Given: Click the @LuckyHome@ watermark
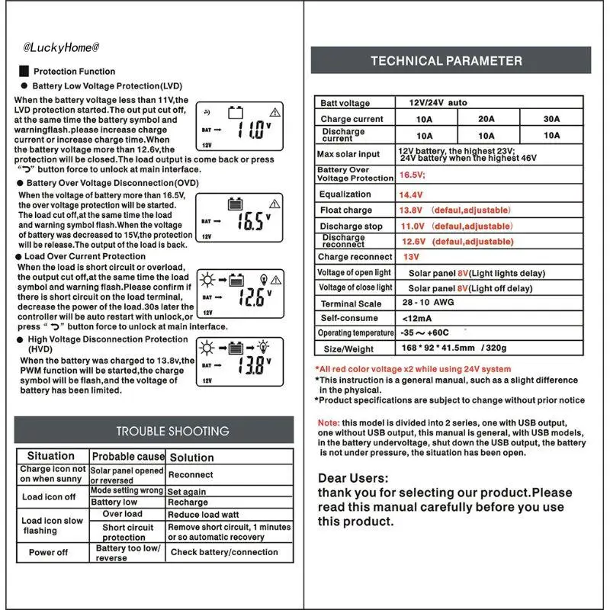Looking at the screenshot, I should pos(61,47).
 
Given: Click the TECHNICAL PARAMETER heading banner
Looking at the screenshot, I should pos(446,61).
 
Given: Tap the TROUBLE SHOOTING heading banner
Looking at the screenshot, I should pos(172,431).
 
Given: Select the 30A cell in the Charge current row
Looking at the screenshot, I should pos(551,119).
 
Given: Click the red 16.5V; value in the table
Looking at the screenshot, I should pos(412,175).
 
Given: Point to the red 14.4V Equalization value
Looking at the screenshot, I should pos(411,194).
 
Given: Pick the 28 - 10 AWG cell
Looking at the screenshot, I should pos(428,303).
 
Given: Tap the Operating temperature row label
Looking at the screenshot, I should pos(355,333).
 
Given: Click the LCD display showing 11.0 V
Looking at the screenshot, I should pos(239,126).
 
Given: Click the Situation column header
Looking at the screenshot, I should pos(51,456).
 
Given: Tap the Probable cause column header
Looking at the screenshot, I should pos(127,457).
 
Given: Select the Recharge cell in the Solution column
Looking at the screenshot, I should pos(188,502).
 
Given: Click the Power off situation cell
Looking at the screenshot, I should pos(49,552).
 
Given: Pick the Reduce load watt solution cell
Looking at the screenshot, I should pos(204,515).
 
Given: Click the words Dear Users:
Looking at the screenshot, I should pos(353,478).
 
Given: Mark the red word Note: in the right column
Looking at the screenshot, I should pos(328,423).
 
